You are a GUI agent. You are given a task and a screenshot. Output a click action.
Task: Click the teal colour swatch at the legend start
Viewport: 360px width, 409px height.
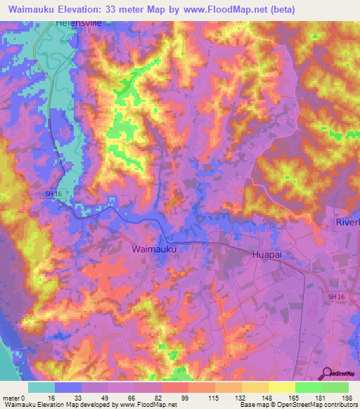(x=41, y=387)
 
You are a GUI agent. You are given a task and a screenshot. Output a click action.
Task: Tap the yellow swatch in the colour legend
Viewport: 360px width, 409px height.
(x=281, y=387)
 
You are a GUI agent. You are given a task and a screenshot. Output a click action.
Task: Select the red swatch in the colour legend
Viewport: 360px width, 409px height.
(x=175, y=387)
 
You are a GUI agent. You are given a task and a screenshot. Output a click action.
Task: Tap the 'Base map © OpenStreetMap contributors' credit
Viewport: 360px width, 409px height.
(x=297, y=405)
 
